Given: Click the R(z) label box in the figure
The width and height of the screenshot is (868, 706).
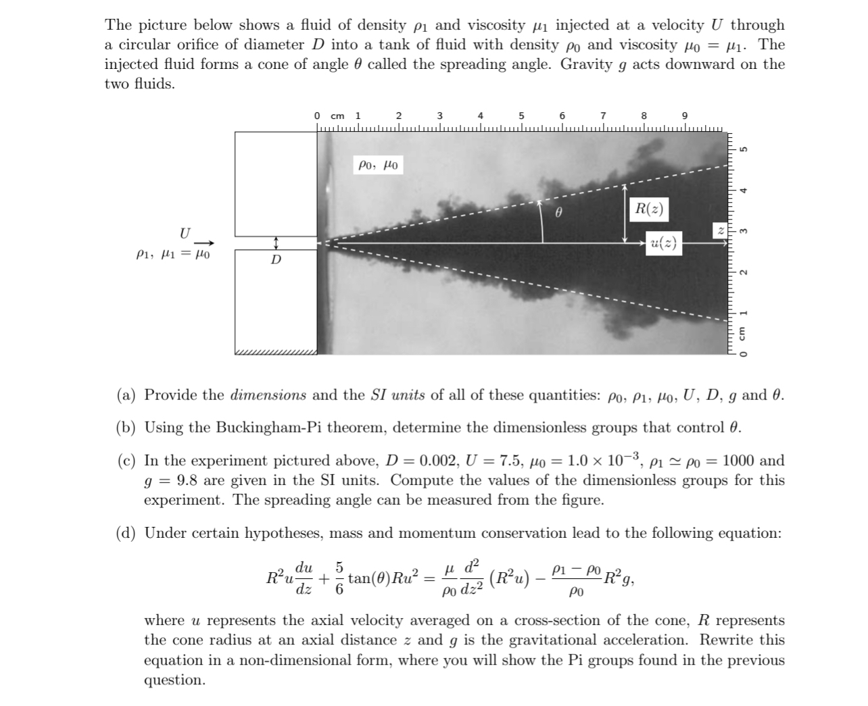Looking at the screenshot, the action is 648,209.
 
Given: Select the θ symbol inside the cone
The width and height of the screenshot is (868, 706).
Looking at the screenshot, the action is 558,212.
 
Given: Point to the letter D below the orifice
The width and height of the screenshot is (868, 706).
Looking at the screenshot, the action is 276,260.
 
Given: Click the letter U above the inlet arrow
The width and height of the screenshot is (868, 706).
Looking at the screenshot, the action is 185,233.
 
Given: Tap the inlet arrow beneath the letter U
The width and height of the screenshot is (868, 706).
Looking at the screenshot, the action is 206,243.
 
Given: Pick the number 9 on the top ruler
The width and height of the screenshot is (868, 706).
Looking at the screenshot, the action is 685,116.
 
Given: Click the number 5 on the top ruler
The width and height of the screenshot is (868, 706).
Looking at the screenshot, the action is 522,116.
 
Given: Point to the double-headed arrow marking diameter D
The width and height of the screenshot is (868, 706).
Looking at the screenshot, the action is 276,243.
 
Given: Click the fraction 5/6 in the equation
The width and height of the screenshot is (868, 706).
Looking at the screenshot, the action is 340,578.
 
